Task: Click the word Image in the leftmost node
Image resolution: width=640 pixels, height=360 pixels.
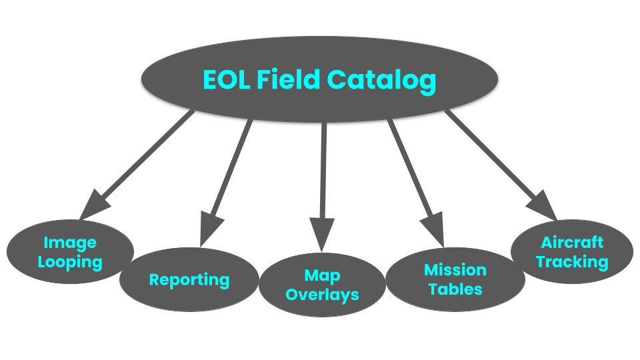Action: pyautogui.click(x=70, y=243)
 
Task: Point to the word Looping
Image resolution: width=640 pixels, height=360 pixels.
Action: pyautogui.click(x=70, y=262)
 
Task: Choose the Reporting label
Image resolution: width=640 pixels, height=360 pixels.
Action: pyautogui.click(x=189, y=280)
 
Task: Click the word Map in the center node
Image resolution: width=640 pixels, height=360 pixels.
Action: pyautogui.click(x=323, y=275)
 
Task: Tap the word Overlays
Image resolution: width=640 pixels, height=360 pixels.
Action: pyautogui.click(x=323, y=294)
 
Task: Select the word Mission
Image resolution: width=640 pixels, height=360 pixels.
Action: pyautogui.click(x=455, y=270)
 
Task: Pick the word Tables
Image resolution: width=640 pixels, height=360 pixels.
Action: pyautogui.click(x=455, y=289)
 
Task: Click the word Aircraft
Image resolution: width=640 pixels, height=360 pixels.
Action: pyautogui.click(x=572, y=242)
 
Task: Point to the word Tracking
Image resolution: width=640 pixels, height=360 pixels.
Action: pyautogui.click(x=572, y=261)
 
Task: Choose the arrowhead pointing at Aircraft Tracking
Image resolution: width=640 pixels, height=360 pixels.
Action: pyautogui.click(x=543, y=206)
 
